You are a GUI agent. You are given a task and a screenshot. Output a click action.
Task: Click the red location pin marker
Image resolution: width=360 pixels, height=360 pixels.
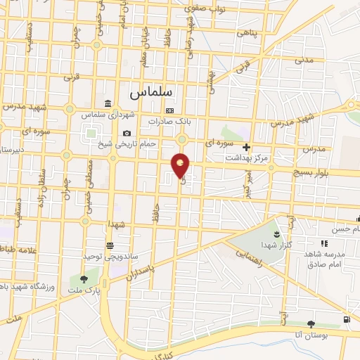181,166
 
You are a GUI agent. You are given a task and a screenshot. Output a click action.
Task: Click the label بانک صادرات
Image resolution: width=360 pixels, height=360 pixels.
168,121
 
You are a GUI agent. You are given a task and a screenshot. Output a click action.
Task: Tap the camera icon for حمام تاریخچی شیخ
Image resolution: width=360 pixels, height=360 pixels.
127,134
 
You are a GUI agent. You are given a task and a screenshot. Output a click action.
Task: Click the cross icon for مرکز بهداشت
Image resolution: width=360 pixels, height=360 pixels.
246,148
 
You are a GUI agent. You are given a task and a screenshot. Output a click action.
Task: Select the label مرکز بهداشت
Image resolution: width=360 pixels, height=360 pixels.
246,158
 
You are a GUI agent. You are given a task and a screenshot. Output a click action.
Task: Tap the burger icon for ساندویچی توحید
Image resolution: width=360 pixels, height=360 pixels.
110,245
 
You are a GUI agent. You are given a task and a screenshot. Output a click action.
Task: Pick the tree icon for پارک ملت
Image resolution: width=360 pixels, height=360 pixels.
84,280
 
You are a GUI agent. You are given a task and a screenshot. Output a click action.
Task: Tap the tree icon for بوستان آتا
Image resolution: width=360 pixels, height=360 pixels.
311,323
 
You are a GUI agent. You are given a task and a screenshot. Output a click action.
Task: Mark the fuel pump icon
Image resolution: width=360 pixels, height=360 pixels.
347,320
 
